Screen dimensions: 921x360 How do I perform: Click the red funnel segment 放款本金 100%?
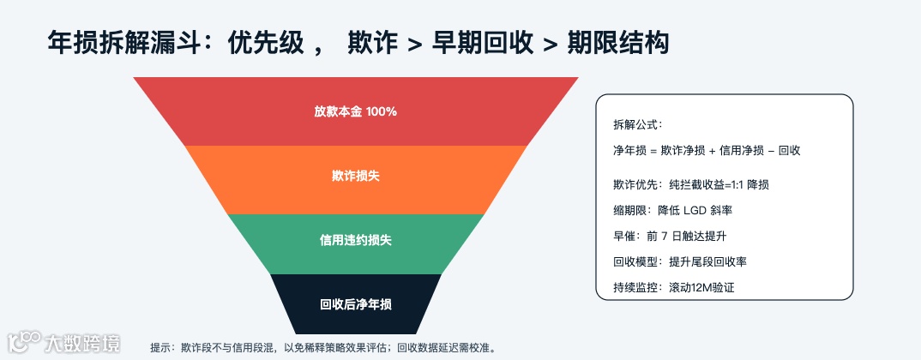pyautogui.click(x=355, y=111)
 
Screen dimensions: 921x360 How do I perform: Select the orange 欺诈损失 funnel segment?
pyautogui.click(x=355, y=177)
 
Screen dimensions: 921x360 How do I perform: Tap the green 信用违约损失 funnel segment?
pyautogui.click(x=355, y=241)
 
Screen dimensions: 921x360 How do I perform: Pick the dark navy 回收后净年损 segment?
pyautogui.click(x=355, y=304)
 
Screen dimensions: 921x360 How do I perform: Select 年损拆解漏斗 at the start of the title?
pyautogui.click(x=125, y=42)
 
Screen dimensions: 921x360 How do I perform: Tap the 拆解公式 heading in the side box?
pyautogui.click(x=638, y=124)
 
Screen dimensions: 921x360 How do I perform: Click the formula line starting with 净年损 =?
pyautogui.click(x=707, y=150)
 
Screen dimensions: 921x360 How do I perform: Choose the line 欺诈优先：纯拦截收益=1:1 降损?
pyautogui.click(x=696, y=184)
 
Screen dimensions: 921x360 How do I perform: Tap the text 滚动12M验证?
pyautogui.click(x=701, y=287)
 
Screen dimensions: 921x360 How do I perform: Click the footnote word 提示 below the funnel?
pyautogui.click(x=160, y=348)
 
